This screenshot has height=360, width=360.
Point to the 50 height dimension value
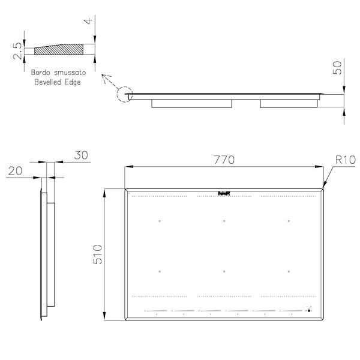click(x=338, y=67)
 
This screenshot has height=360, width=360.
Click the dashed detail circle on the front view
click(x=124, y=95)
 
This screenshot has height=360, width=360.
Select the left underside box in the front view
click(x=191, y=103)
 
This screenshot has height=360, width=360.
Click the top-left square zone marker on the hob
click(x=160, y=221)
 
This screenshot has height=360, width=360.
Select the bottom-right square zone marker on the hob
click(x=288, y=272)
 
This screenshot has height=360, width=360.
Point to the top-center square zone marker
click(x=224, y=221)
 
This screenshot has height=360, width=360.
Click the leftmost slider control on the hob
click(x=155, y=311)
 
